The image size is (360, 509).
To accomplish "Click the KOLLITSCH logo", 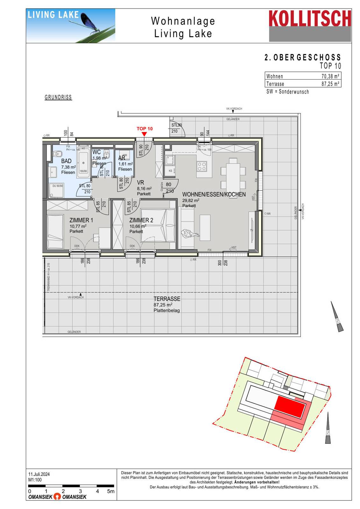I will click(310, 19).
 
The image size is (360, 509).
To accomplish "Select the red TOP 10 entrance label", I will click(145, 129).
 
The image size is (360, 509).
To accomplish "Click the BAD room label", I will click(66, 161).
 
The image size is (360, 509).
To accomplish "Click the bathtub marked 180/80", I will click(83, 163).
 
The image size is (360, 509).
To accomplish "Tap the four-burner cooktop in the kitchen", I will click(202, 166).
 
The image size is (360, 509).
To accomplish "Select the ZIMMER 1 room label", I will click(81, 220).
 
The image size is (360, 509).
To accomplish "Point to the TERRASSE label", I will click(167, 299).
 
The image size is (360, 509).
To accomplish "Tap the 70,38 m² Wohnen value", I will click(330, 76).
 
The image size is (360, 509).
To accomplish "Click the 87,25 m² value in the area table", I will click(330, 84).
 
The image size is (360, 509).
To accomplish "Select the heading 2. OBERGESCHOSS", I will click(302, 58).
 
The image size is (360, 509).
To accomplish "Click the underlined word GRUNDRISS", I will click(58, 97).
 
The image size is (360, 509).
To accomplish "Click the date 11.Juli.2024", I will click(39, 474).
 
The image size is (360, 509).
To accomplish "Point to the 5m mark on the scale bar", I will click(111, 491).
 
